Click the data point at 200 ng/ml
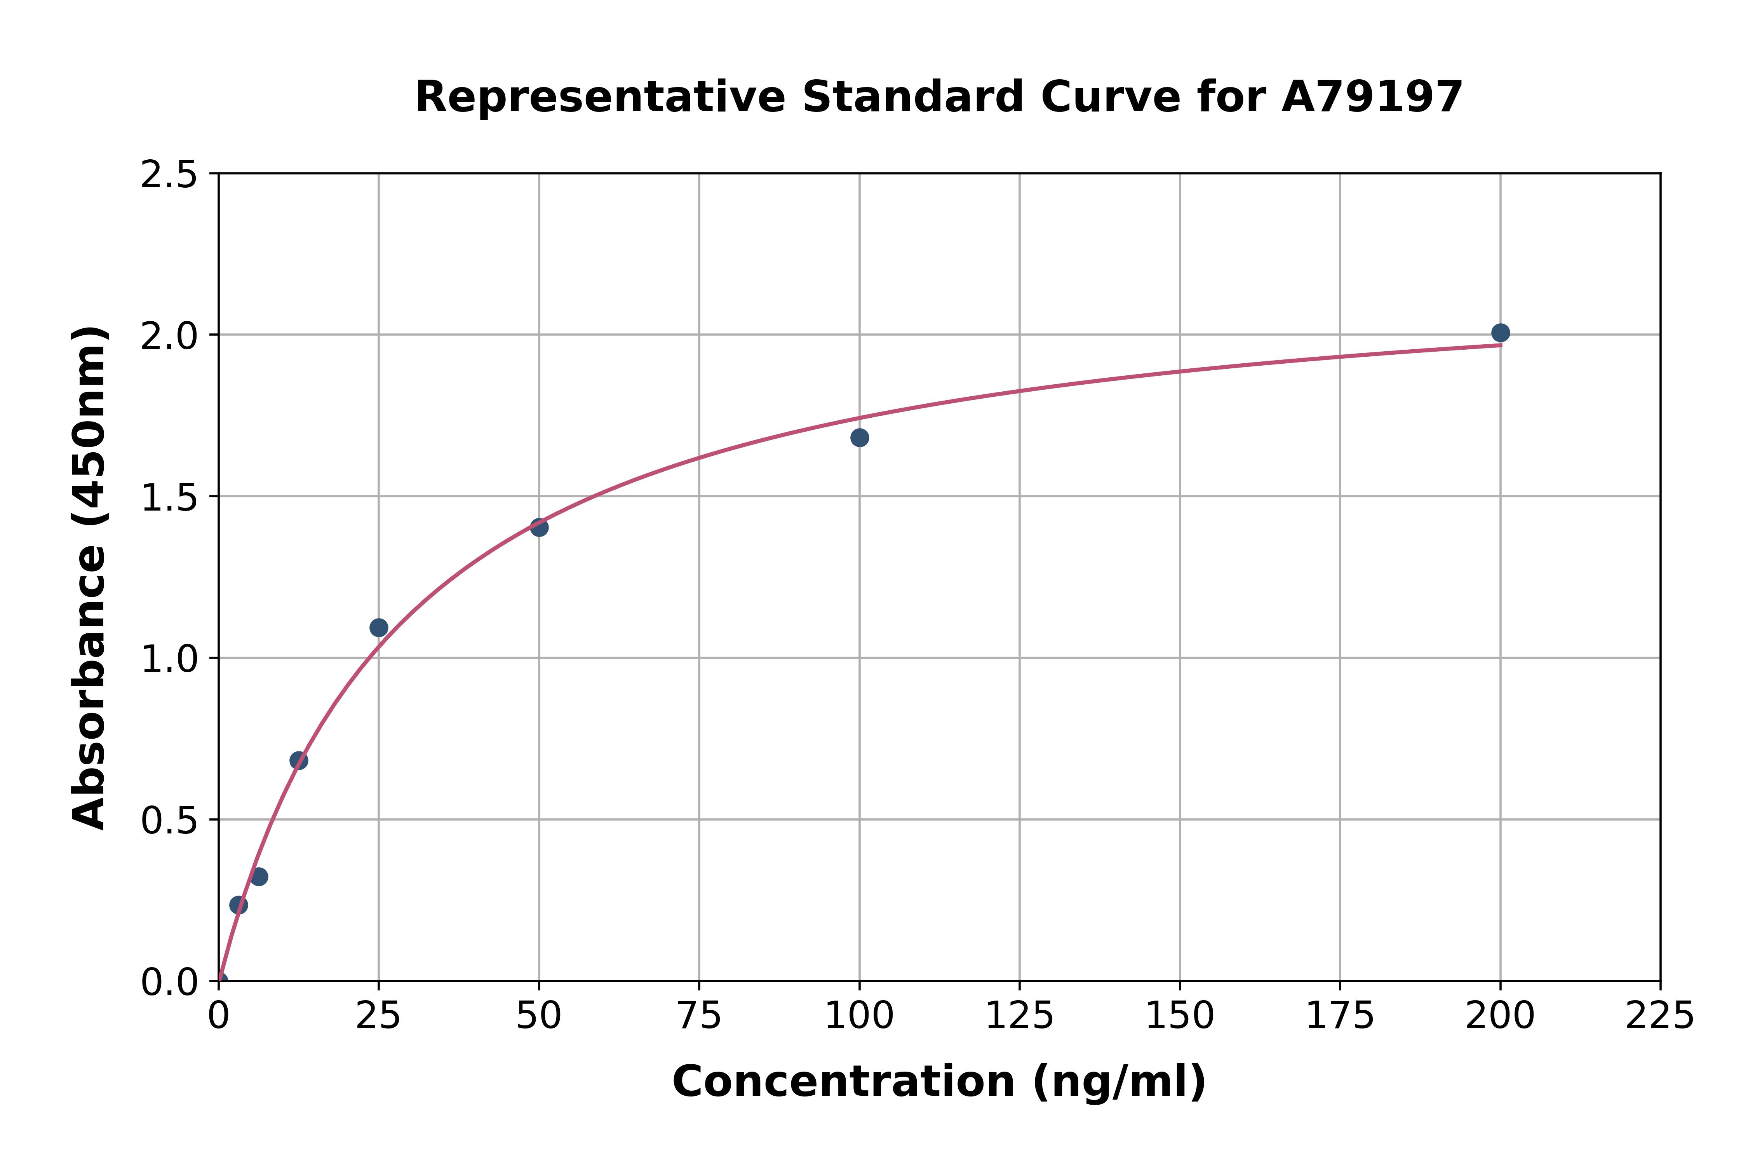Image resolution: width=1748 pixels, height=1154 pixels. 1500,333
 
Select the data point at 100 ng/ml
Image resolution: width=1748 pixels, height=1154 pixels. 859,438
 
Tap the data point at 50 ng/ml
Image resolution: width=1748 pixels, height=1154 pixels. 539,527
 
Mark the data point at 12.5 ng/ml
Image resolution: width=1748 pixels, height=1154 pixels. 299,760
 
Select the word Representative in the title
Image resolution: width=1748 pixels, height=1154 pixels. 600,97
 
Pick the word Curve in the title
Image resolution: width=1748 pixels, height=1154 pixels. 1110,97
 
